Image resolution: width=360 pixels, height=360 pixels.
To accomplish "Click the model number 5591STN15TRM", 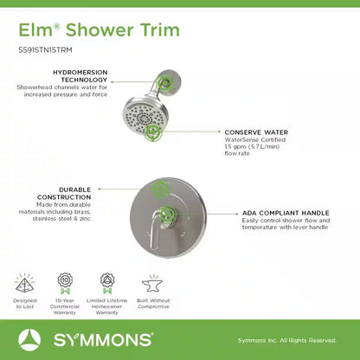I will coord(45,50).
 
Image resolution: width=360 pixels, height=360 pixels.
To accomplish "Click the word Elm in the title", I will coord(34,29).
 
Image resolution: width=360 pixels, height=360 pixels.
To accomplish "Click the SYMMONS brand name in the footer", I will coord(98,340).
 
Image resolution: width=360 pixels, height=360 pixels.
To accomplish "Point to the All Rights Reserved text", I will coord(313,340).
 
